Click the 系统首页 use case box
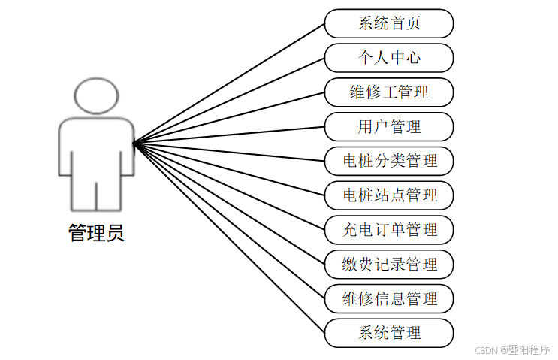(x=389, y=23)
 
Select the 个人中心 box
(x=389, y=58)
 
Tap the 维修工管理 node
(x=389, y=92)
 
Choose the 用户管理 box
(x=389, y=127)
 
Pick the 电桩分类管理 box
(x=389, y=161)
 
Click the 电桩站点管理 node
(x=389, y=195)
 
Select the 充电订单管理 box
(x=389, y=230)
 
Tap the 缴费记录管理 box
(x=389, y=265)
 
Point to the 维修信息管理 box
(x=389, y=298)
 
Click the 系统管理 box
(x=389, y=333)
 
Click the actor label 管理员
(x=96, y=233)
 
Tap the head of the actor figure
(x=96, y=96)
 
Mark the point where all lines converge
(x=134, y=143)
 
